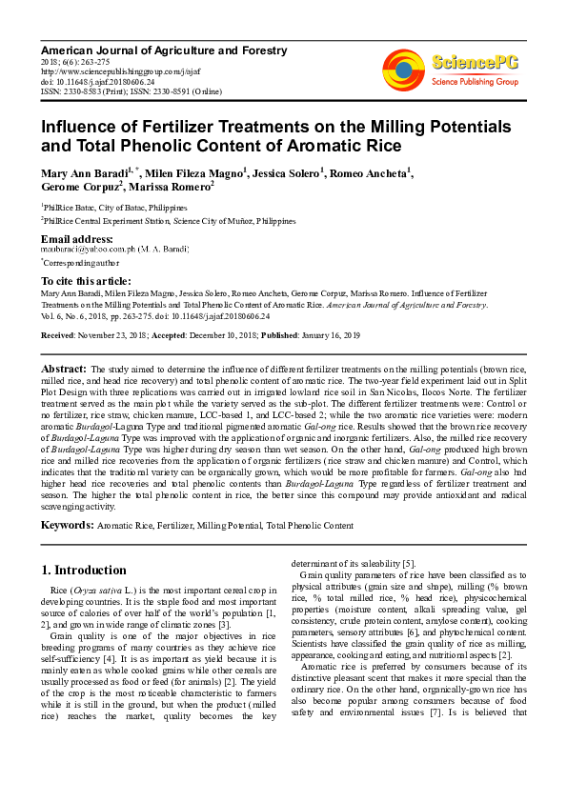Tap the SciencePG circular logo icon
tap(403, 68)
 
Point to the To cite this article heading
tap(86, 281)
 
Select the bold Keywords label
tap(67, 525)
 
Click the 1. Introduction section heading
tap(84, 571)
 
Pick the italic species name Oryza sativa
tap(83, 592)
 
